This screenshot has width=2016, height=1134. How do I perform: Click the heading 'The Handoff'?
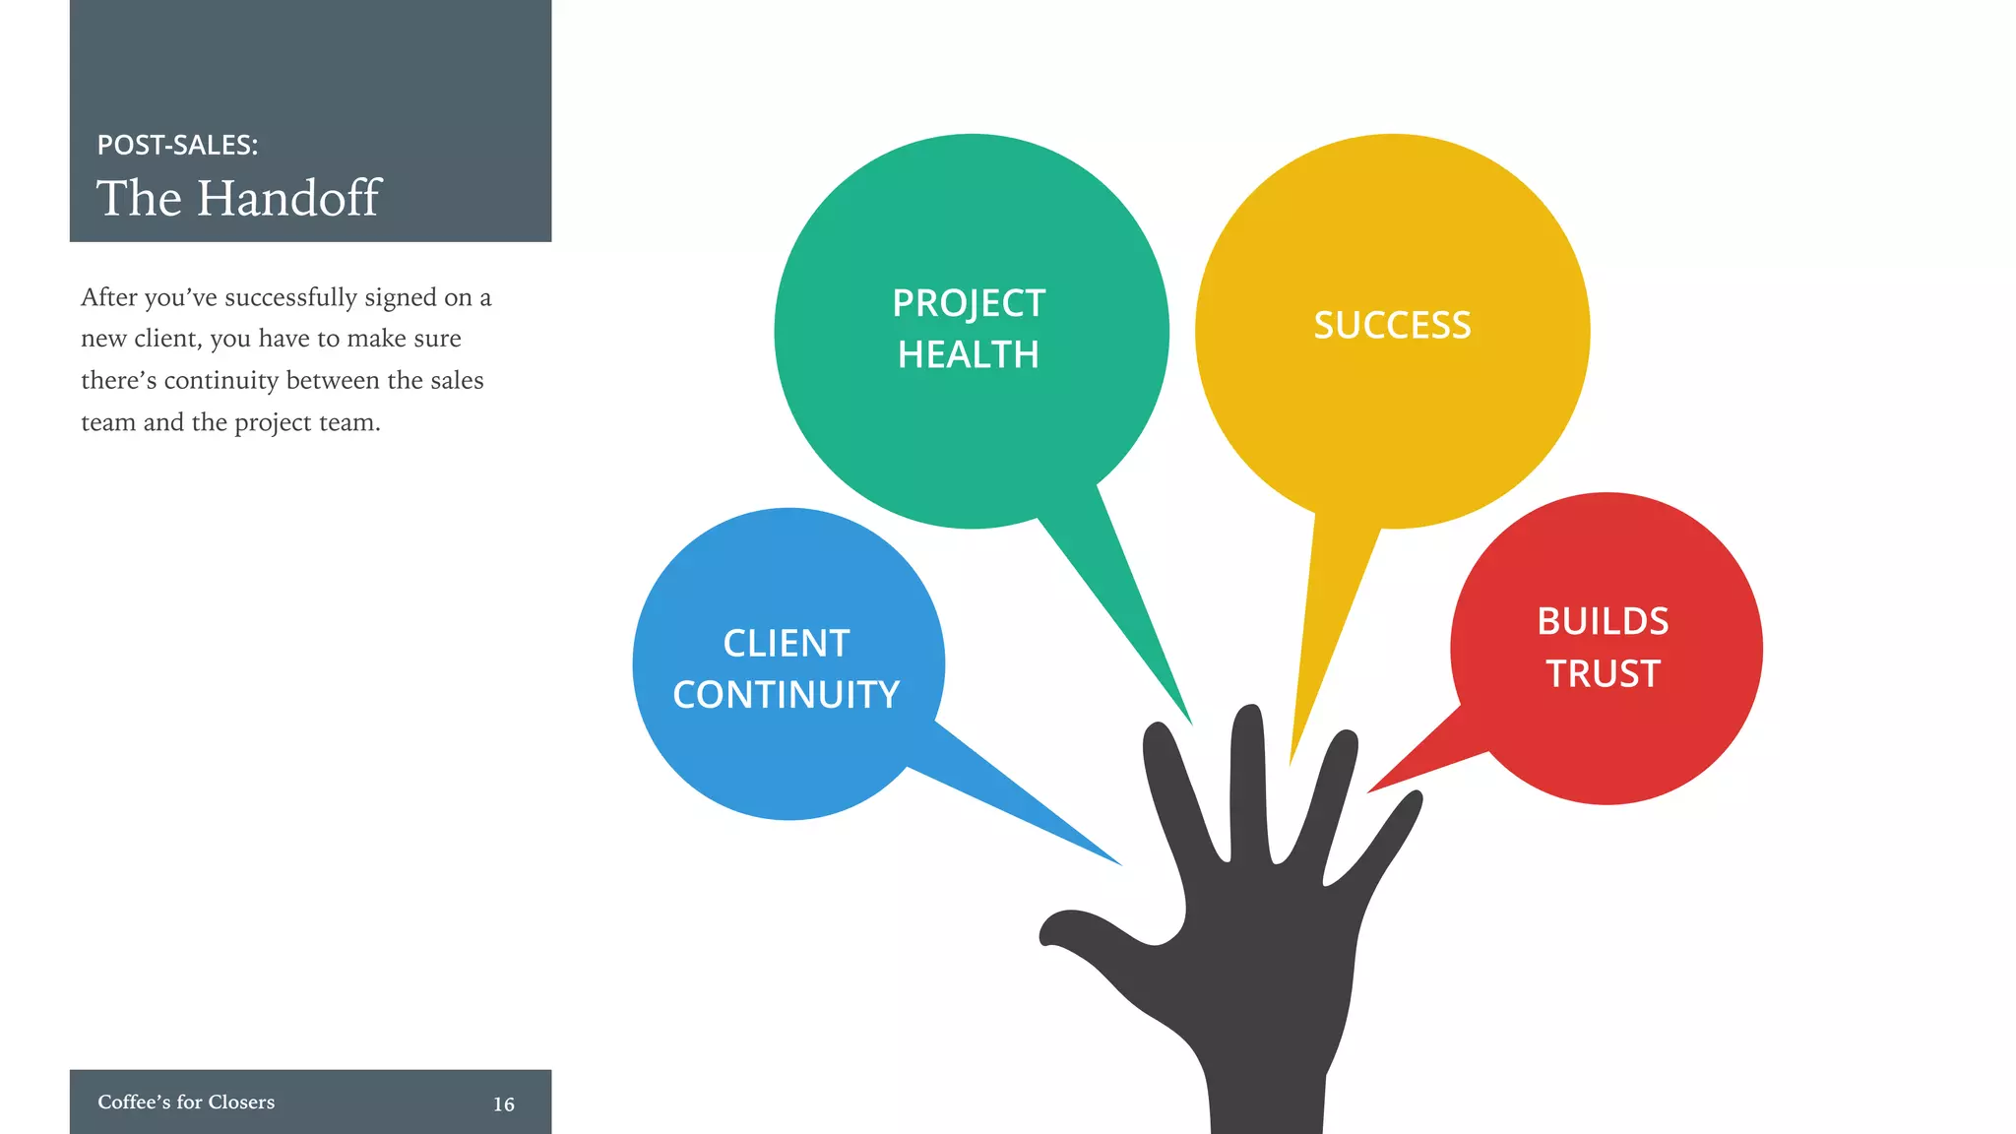point(238,198)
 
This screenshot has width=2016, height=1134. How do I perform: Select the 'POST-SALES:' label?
point(177,145)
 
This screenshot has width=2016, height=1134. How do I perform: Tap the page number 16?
point(503,1104)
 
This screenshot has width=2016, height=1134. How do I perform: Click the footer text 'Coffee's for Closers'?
point(186,1102)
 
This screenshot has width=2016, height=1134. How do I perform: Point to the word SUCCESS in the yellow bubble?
point(1392,326)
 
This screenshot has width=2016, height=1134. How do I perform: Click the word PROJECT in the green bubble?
point(969,303)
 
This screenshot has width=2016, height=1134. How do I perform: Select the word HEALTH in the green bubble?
point(969,354)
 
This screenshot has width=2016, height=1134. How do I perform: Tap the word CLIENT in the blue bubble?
point(787,644)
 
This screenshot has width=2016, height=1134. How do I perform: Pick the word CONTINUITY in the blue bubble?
point(787,695)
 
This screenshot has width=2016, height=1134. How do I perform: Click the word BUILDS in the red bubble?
point(1603,622)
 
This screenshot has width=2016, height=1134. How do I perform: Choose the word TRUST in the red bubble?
point(1603,674)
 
